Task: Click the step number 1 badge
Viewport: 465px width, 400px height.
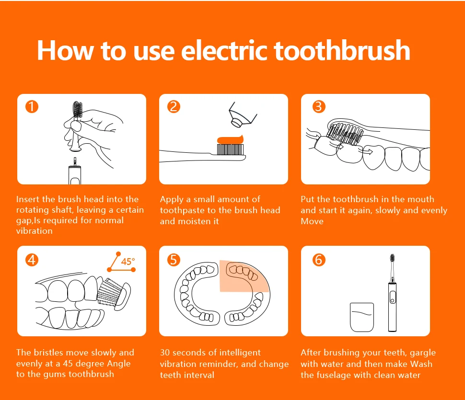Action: pos(32,107)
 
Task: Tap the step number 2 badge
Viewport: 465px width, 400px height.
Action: pos(174,107)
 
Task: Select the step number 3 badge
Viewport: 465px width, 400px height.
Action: pos(319,107)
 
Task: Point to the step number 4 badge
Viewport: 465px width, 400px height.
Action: pos(32,260)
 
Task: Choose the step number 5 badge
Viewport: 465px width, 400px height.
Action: pos(174,260)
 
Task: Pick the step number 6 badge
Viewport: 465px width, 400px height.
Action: pos(319,260)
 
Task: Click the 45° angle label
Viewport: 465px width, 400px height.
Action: pos(128,262)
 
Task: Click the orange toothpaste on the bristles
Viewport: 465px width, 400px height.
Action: pos(231,139)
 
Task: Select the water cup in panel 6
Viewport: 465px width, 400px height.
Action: pos(362,317)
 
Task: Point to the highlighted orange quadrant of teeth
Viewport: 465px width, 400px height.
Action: pos(244,276)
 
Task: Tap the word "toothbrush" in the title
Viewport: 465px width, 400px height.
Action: pos(342,50)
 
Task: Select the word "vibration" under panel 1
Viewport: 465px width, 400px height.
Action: pos(35,231)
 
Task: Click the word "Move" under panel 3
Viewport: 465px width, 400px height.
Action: pos(312,221)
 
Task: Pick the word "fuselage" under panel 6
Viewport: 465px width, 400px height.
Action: pos(334,375)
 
